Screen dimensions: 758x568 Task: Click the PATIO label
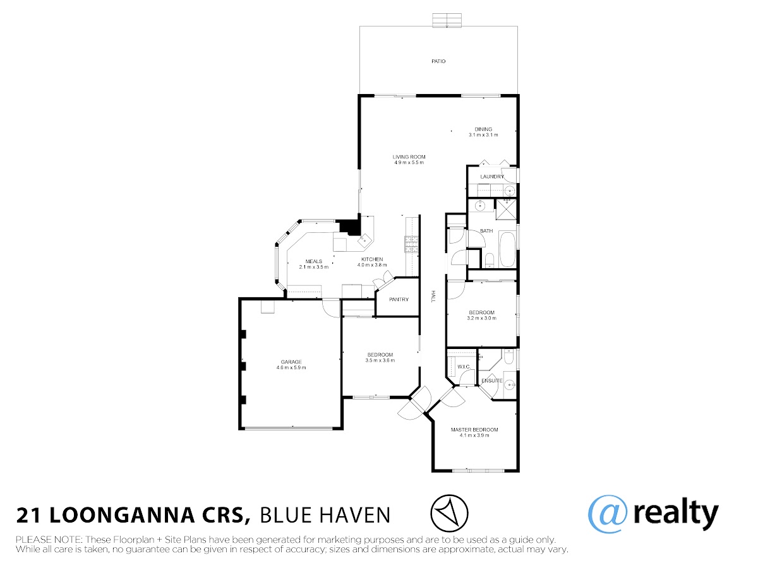438,61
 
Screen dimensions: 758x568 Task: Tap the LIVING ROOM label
409,157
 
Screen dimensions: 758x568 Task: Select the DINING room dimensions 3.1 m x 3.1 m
483,135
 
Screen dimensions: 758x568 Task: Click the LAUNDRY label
491,177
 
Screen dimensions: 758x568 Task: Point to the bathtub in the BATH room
507,249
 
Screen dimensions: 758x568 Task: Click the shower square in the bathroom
506,210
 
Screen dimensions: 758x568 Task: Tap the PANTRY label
399,299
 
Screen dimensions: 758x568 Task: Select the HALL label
432,296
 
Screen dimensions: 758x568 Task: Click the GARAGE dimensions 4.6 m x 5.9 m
291,368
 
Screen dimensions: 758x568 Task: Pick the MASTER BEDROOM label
474,430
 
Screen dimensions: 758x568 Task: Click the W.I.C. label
464,367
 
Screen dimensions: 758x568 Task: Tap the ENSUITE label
491,381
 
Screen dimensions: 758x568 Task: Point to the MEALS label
313,261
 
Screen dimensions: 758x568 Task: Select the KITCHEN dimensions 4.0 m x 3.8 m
372,265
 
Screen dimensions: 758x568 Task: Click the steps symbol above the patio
447,20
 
